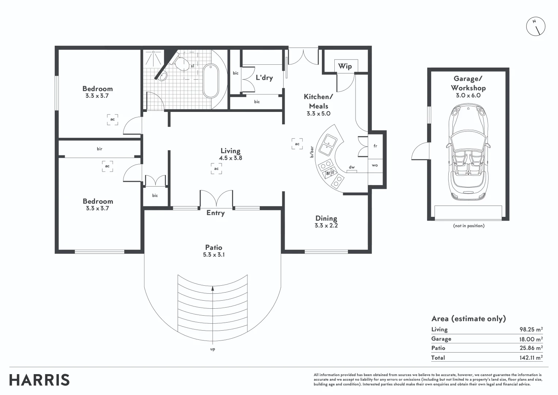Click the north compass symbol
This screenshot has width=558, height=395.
pos(535,26)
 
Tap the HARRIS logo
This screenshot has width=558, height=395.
pos(39,380)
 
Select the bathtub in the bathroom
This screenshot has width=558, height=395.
pos(210,81)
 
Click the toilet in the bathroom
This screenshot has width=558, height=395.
pos(182,64)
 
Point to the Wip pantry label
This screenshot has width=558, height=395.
pos(345,66)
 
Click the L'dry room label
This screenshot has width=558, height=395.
pos(264,78)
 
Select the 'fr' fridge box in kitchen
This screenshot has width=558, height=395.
pos(375,146)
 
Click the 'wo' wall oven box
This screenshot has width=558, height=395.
pos(375,165)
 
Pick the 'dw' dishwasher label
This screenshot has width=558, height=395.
pos(352,167)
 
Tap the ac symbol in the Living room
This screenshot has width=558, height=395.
pos(216,169)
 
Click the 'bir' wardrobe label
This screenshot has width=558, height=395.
pos(99,149)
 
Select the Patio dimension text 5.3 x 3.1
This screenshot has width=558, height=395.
pos(214,255)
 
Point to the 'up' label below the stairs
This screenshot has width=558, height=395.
pos(213,349)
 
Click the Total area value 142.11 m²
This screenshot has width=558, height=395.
pos(531,358)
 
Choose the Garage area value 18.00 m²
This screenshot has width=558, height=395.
pos(531,339)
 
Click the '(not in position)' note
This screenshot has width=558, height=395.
pos(468,226)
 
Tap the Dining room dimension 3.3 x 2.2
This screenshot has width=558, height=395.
pos(326,226)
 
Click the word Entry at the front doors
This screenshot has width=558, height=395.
pos(216,213)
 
